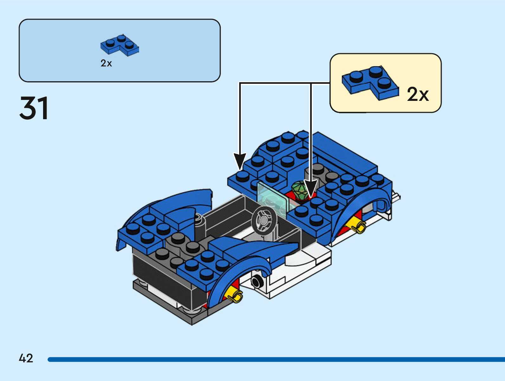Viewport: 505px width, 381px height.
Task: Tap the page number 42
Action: pyautogui.click(x=26, y=358)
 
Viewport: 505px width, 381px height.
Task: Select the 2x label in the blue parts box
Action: pyautogui.click(x=106, y=63)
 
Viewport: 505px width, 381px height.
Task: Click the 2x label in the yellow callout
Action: pyautogui.click(x=418, y=94)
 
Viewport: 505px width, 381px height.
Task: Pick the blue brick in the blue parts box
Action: pyautogui.click(x=120, y=45)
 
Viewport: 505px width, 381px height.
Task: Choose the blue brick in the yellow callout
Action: pyautogui.click(x=370, y=82)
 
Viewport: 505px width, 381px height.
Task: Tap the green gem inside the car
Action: pyautogui.click(x=299, y=190)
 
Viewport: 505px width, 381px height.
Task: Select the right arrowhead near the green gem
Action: pyautogui.click(x=310, y=188)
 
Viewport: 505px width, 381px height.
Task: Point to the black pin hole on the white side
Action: pyautogui.click(x=256, y=281)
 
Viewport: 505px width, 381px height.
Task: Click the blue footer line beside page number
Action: pyautogui.click(x=276, y=359)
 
